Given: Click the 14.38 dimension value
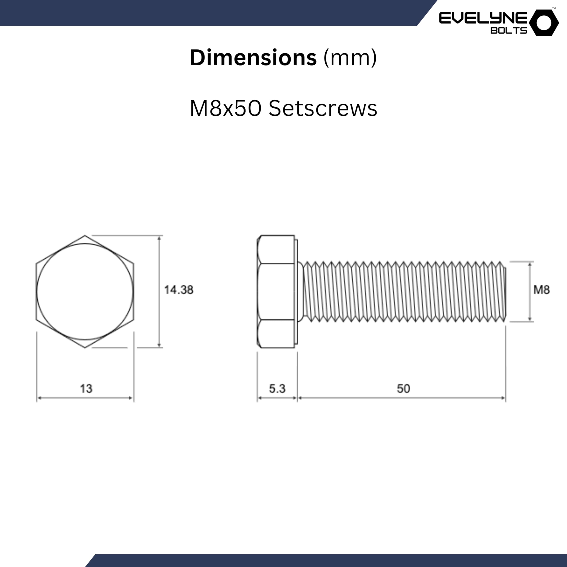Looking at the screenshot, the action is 179,290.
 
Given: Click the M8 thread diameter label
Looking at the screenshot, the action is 542,290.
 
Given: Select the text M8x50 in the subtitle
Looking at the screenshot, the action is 225,108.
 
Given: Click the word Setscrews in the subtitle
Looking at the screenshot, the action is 323,108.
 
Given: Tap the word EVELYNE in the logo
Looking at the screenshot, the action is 483,18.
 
